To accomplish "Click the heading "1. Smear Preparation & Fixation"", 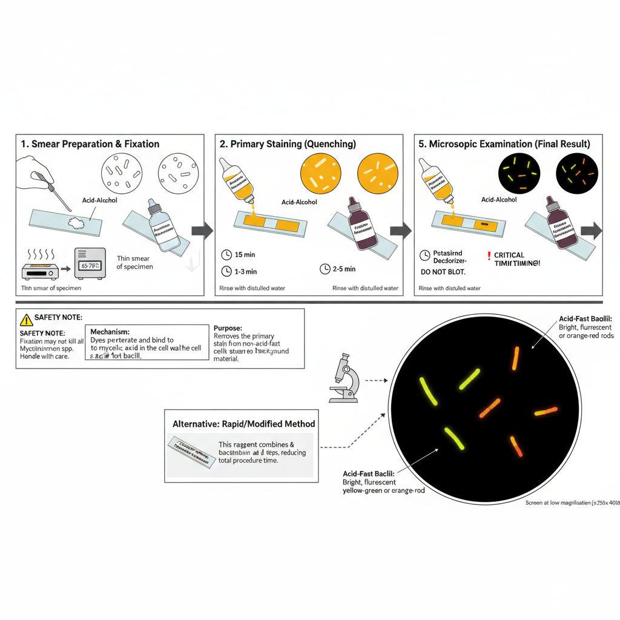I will pos(90,144).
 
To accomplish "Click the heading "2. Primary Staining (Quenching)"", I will pos(288,144).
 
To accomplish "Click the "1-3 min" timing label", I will pos(245,271).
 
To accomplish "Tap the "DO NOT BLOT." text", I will pos(443,272).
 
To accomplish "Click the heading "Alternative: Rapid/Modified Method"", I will pos(244,424).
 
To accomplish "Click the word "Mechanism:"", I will pos(110,332).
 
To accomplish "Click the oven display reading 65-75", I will pos(90,265).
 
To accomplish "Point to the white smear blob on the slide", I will pos(76,223).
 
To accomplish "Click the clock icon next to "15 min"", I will pos(226,255).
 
